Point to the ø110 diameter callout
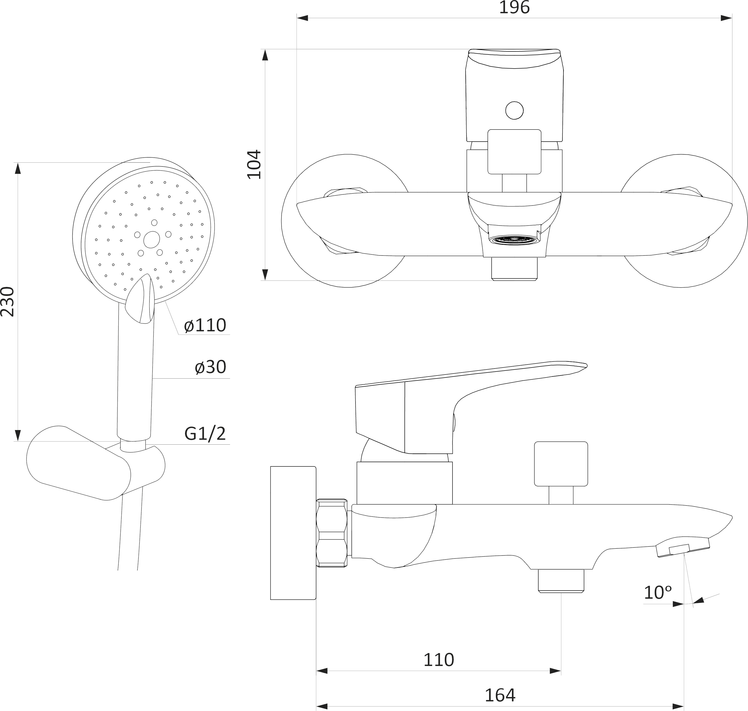pos(205,325)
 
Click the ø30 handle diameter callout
pos(210,367)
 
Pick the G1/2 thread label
pos(205,434)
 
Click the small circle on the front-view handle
pos(514,111)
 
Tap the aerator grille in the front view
pos(514,240)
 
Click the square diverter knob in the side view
pos(561,463)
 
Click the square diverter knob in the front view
pos(514,152)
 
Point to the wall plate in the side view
pos(293,533)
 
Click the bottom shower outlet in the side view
pos(561,581)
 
